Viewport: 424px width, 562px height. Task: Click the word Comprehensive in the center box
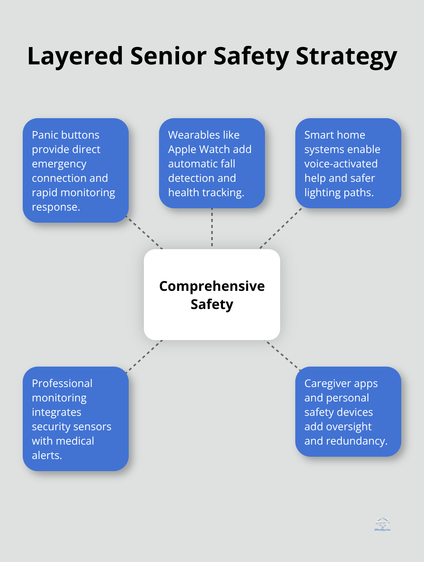pos(212,286)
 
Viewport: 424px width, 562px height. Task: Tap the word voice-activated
pos(341,164)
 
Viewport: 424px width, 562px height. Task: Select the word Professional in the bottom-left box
pos(62,384)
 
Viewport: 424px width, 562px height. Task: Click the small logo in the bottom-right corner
pos(382,524)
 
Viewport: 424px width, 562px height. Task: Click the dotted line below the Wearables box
pos(212,228)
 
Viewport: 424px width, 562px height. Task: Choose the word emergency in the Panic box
pos(59,164)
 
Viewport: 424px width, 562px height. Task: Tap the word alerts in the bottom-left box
pos(47,456)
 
